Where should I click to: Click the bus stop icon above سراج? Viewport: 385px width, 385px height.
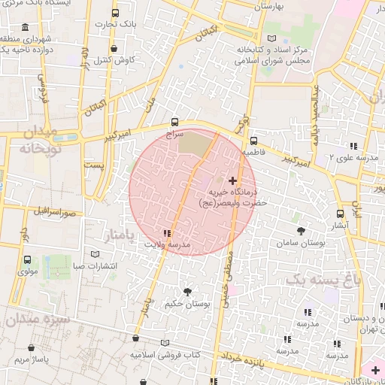(175, 121)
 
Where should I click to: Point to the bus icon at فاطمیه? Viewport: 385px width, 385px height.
(253, 140)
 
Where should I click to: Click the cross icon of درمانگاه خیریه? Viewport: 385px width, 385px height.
(232, 180)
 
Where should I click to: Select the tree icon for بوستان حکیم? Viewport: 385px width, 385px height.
(187, 291)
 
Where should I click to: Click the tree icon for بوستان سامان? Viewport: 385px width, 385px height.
(301, 231)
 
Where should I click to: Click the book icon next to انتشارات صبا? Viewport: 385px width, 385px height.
(95, 254)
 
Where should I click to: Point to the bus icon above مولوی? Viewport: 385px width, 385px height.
(28, 259)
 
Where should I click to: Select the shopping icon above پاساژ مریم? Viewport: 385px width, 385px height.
(31, 348)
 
